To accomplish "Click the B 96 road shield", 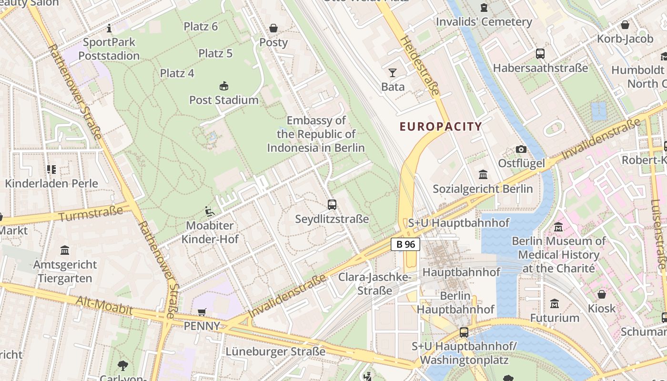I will coord(405,244).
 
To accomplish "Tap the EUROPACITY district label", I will coord(441,127).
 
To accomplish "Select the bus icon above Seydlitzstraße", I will coord(332,205).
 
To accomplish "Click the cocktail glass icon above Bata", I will coord(393,73).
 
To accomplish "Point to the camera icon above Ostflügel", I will coord(521,149).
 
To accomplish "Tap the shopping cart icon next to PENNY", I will coord(202,312).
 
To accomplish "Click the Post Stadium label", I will coord(224,100).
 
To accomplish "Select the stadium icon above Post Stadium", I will coord(223,86).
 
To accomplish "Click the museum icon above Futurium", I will coord(555,303).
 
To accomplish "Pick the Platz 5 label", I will coord(215,53).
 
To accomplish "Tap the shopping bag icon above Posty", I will coord(273,28).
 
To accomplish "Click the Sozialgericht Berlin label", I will coord(483,189).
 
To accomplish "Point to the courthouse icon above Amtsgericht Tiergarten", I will coord(65,250).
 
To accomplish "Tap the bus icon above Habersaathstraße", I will coord(540,54).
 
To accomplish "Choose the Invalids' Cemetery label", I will coord(484,22).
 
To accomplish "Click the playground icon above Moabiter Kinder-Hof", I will coord(210,211).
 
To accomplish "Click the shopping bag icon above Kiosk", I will coord(602,294).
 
